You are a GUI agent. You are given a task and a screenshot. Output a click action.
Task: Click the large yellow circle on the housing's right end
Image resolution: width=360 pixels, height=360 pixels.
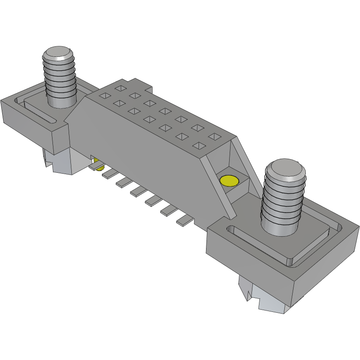229,180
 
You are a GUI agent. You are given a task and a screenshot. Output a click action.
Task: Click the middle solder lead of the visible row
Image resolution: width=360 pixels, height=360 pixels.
138,190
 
